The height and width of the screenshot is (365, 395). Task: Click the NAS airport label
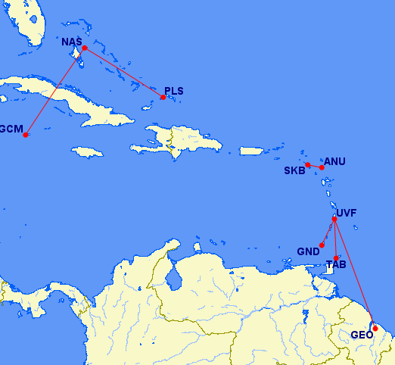[71, 41]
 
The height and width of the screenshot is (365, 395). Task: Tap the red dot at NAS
[85, 48]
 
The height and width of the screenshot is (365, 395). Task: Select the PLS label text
[174, 91]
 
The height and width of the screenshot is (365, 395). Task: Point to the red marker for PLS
[163, 97]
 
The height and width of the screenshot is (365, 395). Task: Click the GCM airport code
[10, 129]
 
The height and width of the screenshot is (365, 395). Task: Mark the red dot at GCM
[26, 136]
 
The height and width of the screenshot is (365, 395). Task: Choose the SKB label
[294, 170]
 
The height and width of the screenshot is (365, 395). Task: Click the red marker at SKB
[308, 164]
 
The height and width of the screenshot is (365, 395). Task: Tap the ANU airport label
[334, 161]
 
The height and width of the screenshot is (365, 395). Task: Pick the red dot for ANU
[322, 167]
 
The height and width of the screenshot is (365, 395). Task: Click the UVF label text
[347, 213]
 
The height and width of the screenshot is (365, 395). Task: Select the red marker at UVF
[334, 220]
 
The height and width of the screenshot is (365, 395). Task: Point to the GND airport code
[308, 251]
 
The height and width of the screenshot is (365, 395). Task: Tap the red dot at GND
[322, 245]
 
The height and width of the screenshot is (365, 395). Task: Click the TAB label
[336, 265]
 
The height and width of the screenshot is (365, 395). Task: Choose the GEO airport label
[362, 335]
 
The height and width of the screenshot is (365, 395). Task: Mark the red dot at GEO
[375, 328]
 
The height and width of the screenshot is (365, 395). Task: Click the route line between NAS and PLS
[124, 72]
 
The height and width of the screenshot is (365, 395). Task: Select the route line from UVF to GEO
[355, 273]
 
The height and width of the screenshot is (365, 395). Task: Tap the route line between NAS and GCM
[55, 92]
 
